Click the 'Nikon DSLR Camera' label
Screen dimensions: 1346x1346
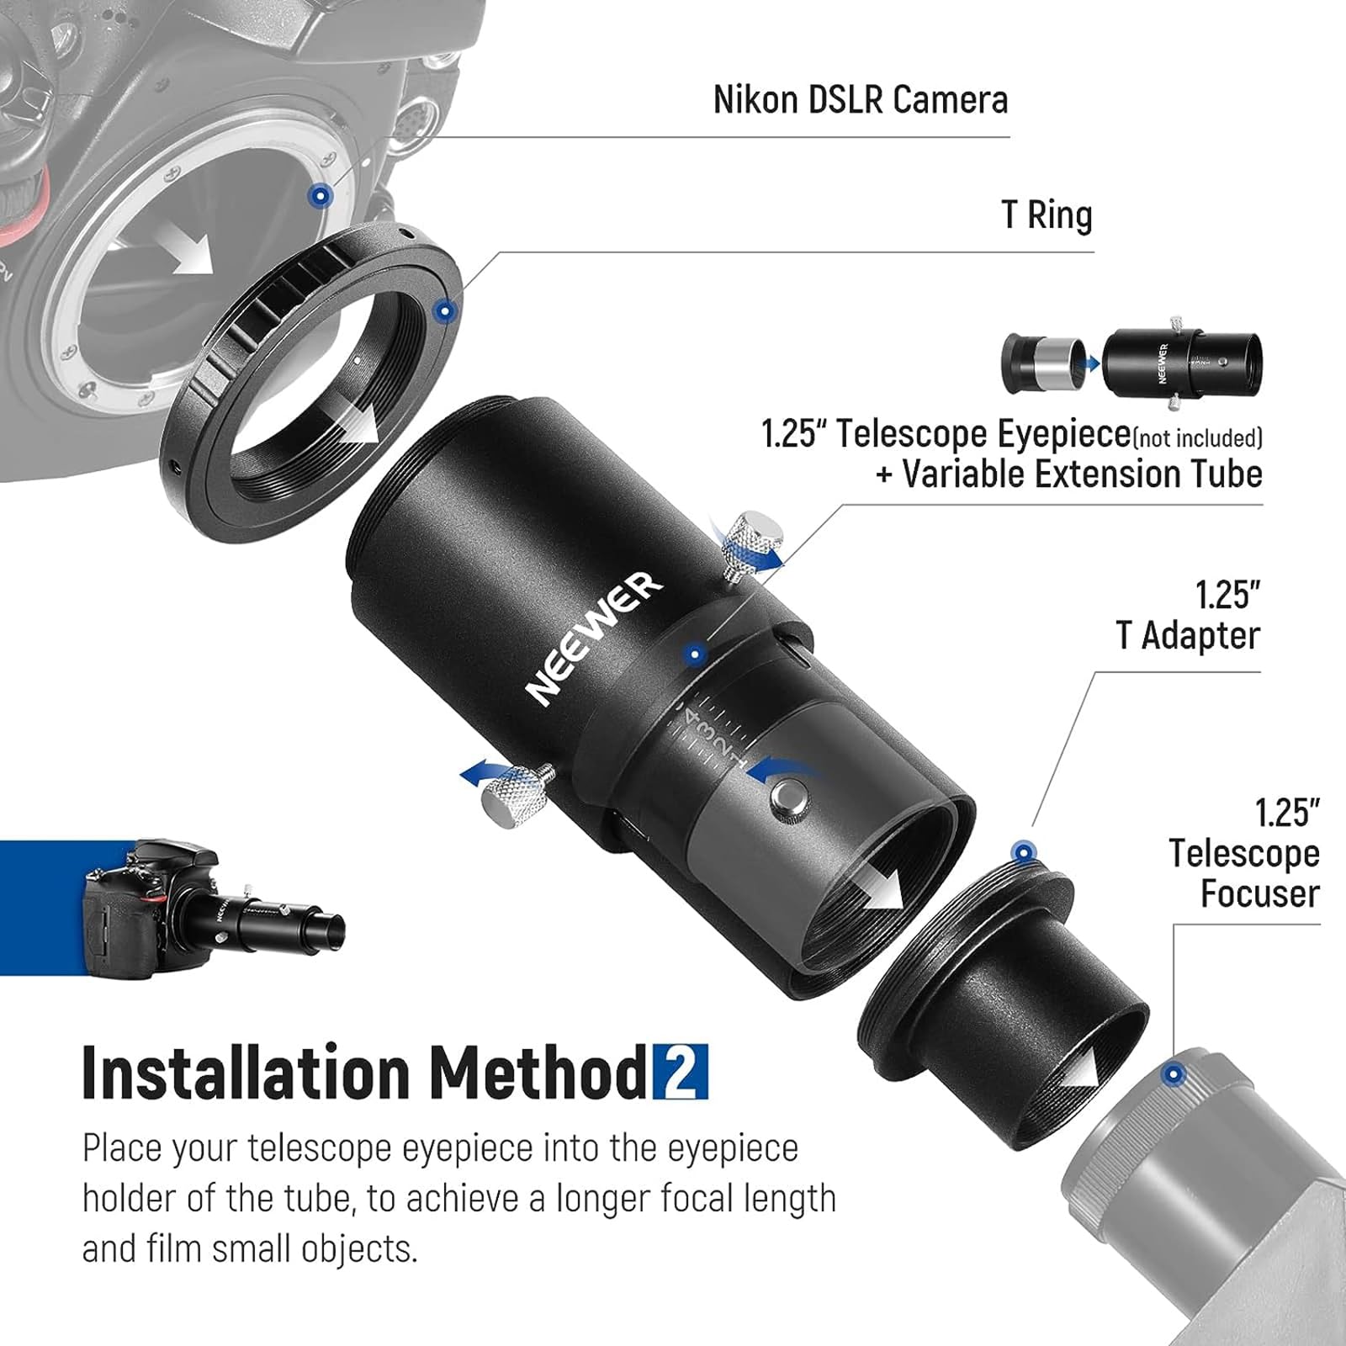(x=860, y=100)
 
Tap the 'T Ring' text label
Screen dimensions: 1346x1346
(x=1047, y=215)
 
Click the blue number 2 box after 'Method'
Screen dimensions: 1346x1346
(x=680, y=1072)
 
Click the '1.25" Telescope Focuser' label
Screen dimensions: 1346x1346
(x=1243, y=853)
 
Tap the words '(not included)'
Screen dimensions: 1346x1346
(x=1198, y=438)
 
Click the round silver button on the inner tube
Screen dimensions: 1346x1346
(x=787, y=795)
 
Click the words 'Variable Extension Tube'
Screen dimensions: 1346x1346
(x=1082, y=474)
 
